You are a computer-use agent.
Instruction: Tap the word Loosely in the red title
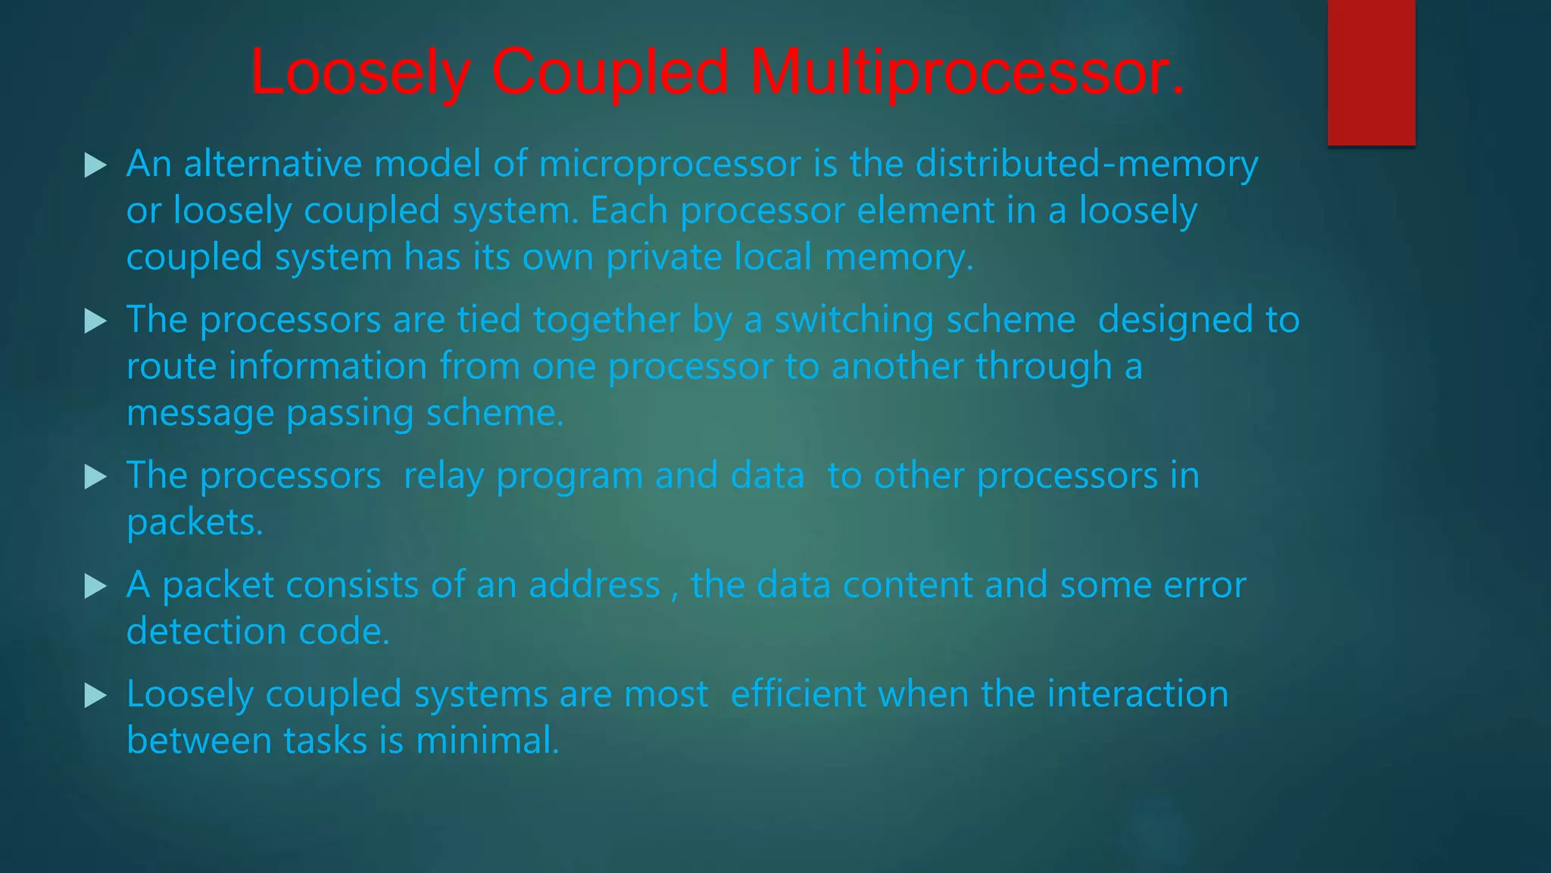tap(360, 72)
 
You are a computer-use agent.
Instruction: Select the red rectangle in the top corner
tap(1371, 72)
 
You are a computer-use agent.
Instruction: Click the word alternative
tap(273, 164)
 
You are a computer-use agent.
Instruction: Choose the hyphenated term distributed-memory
tap(1087, 164)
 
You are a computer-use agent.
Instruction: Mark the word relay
tap(443, 477)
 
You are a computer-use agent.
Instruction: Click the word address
tap(594, 585)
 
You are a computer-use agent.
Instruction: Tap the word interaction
tap(1138, 694)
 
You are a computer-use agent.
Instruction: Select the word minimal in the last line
tap(487, 740)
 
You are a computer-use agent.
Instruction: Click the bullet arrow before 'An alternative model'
tap(95, 165)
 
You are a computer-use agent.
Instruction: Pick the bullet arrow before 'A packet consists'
tap(95, 586)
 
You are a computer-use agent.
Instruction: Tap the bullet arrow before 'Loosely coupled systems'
tap(95, 695)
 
